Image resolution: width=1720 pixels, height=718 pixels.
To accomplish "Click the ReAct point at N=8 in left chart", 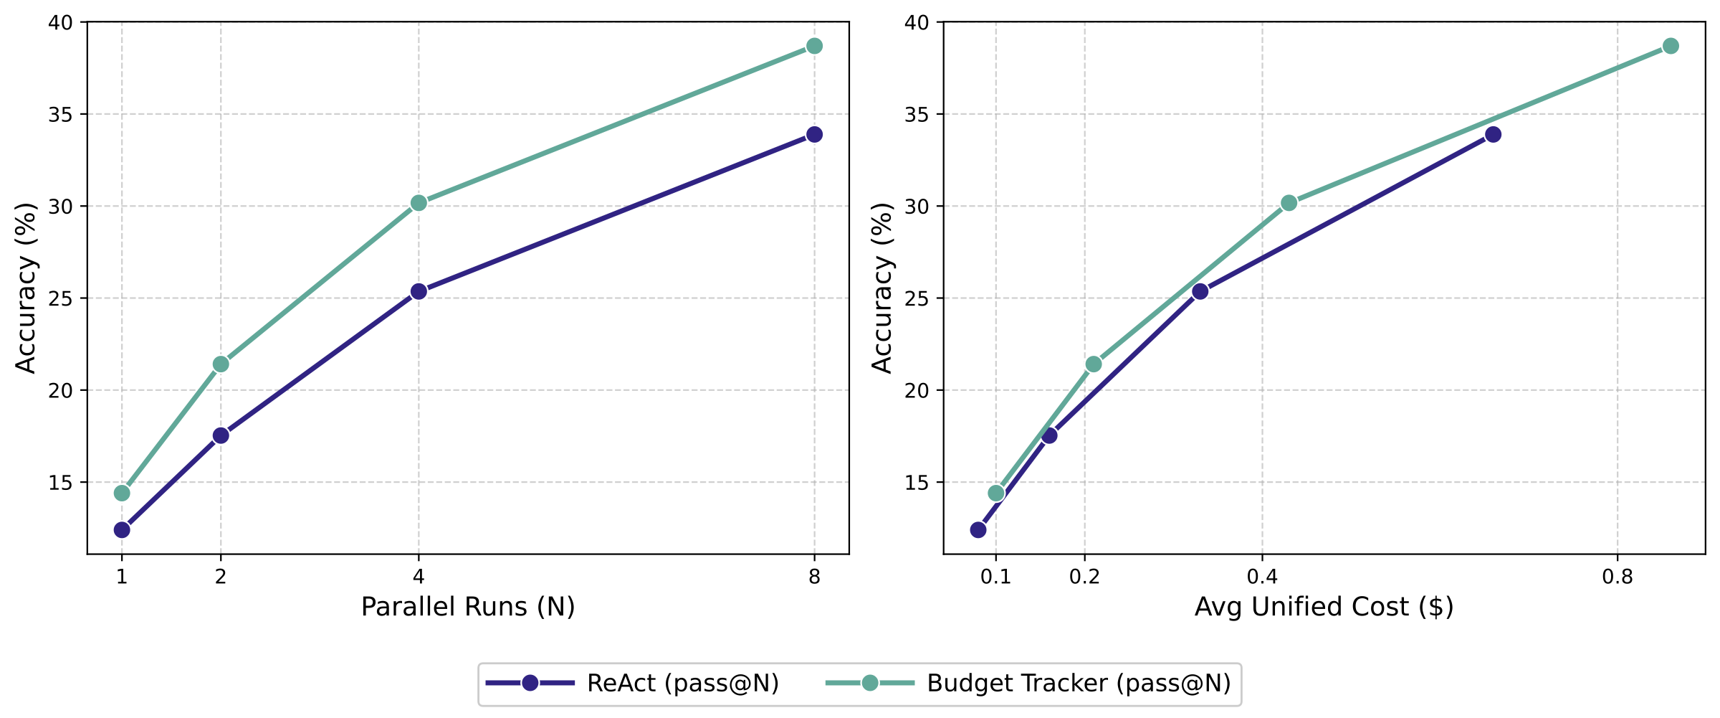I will tap(814, 134).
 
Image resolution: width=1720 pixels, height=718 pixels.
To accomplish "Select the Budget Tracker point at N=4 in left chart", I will tap(419, 203).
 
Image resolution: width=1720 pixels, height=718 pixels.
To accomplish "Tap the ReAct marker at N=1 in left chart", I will tap(122, 530).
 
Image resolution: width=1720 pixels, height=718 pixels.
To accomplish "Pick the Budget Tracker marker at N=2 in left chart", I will tap(221, 364).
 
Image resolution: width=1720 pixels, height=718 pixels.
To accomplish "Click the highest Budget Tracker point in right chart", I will tap(1671, 46).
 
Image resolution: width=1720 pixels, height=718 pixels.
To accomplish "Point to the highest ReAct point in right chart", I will tap(1493, 134).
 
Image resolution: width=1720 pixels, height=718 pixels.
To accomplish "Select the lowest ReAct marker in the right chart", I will tap(978, 530).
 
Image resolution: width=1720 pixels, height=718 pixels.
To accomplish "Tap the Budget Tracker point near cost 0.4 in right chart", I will tap(1289, 203).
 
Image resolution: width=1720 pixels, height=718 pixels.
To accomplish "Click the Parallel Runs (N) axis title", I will tap(468, 608).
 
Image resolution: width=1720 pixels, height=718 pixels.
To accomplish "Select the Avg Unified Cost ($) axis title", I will tap(1324, 608).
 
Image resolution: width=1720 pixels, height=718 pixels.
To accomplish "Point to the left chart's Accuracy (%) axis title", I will tap(26, 288).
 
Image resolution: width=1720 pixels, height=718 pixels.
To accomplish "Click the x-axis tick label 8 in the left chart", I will tap(814, 577).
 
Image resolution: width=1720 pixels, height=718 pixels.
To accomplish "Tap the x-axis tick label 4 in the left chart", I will tap(419, 577).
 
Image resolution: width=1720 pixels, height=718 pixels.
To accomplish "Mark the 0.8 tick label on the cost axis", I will tap(1618, 577).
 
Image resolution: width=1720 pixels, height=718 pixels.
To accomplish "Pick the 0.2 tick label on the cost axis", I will tap(1084, 577).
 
